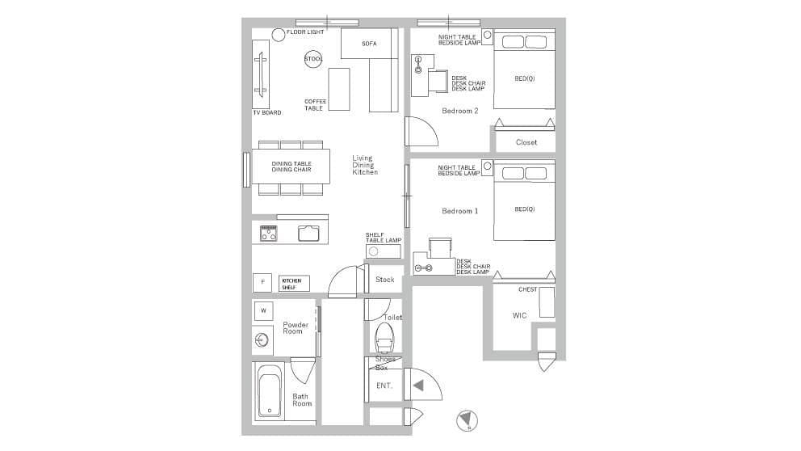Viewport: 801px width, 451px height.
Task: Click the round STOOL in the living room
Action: pos(313,59)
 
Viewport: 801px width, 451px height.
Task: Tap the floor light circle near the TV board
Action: pos(278,35)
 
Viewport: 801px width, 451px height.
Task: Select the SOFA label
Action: pos(369,44)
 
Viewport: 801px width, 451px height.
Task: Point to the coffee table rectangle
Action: pos(338,89)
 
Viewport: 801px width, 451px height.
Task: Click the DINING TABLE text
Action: pos(291,163)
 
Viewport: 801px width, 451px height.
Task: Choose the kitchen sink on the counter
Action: pos(308,233)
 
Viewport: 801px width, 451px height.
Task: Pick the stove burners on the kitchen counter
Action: pos(269,233)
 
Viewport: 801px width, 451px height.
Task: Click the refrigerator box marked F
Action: pos(262,282)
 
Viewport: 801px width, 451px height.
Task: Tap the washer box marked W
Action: pos(263,310)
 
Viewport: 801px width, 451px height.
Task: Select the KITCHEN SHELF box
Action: pos(294,284)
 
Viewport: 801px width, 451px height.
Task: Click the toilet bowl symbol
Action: pos(384,338)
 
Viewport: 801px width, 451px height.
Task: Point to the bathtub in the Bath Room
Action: pos(269,390)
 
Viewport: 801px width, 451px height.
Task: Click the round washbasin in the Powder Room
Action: pos(262,339)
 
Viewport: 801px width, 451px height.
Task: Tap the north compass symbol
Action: pos(467,421)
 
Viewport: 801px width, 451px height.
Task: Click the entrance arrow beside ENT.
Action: pos(418,386)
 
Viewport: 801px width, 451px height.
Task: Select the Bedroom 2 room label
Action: pos(460,111)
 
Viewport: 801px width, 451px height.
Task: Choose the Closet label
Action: pos(526,143)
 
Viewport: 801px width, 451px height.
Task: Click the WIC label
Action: pos(519,315)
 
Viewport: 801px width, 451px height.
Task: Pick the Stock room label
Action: pos(384,280)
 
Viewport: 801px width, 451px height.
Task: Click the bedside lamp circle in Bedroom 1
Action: pos(488,166)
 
